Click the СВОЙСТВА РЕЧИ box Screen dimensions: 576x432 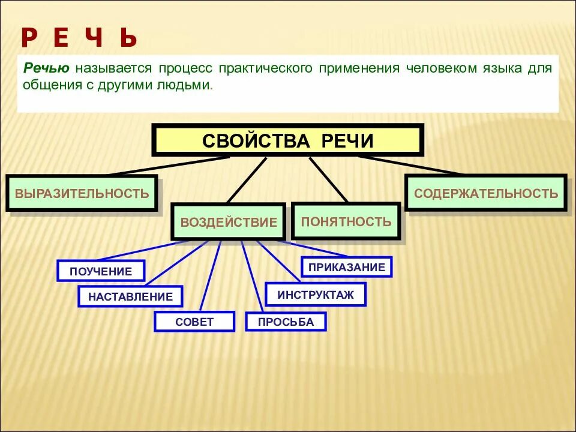click(288, 140)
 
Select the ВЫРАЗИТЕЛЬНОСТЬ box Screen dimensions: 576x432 click(82, 193)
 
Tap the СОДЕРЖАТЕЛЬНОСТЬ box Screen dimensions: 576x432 click(486, 193)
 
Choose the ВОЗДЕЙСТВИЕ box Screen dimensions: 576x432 click(229, 222)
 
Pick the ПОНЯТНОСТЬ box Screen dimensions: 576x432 click(346, 221)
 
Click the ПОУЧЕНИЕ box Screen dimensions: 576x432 click(101, 271)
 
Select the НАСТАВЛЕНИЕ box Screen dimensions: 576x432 click(130, 296)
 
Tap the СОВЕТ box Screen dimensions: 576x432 click(194, 322)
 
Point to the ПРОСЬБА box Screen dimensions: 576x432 click(286, 322)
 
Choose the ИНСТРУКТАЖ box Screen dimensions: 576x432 click(316, 295)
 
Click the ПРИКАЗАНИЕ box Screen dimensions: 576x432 click(347, 267)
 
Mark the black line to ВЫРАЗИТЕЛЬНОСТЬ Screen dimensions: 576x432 click(168, 166)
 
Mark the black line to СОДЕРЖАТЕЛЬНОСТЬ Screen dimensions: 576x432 click(411, 165)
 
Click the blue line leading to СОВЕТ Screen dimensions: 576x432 click(210, 277)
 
